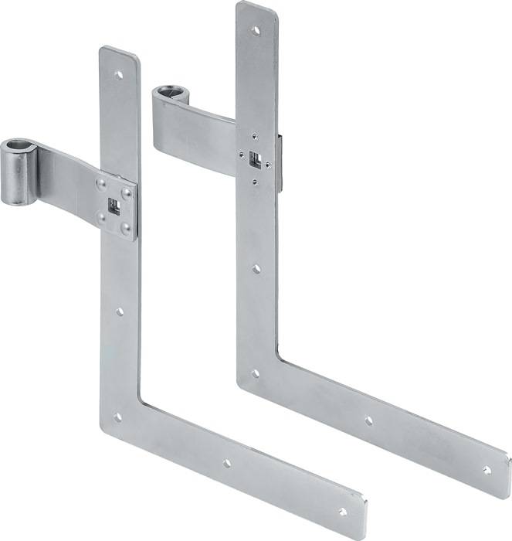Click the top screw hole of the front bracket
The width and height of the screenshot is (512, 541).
tap(118, 76)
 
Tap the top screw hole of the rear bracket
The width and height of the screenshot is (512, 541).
tap(256, 31)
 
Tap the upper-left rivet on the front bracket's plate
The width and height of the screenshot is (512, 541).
tap(100, 184)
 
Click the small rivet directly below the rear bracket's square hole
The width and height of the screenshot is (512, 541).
tap(256, 183)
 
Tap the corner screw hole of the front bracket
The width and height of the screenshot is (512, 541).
tap(118, 417)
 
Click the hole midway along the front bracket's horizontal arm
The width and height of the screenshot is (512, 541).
tap(226, 464)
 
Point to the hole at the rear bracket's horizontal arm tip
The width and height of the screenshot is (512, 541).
tap(486, 468)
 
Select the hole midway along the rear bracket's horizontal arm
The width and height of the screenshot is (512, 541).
tap(368, 420)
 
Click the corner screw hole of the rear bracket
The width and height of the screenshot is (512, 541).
tap(256, 373)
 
